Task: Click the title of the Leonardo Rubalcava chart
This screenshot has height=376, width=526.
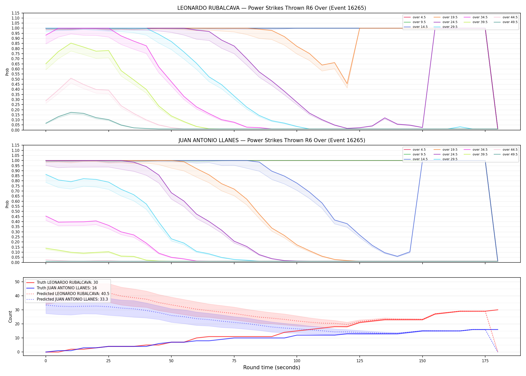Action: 272,8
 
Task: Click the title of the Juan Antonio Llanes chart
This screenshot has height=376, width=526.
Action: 272,140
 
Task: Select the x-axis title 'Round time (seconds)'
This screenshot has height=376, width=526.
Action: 272,367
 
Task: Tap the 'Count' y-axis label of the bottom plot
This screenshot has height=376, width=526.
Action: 10,317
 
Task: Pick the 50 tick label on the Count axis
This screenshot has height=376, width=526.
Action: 17,282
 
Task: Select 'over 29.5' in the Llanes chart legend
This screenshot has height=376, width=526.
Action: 450,159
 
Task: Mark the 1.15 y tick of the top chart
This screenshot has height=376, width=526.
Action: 16,13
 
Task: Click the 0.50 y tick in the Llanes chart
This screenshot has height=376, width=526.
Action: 16,211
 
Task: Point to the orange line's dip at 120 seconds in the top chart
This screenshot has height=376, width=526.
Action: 347,84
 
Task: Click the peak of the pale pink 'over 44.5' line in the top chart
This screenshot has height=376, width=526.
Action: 71,78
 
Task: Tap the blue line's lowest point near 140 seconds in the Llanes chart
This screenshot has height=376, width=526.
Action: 397,256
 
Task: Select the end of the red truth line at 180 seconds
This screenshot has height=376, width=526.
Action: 498,310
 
